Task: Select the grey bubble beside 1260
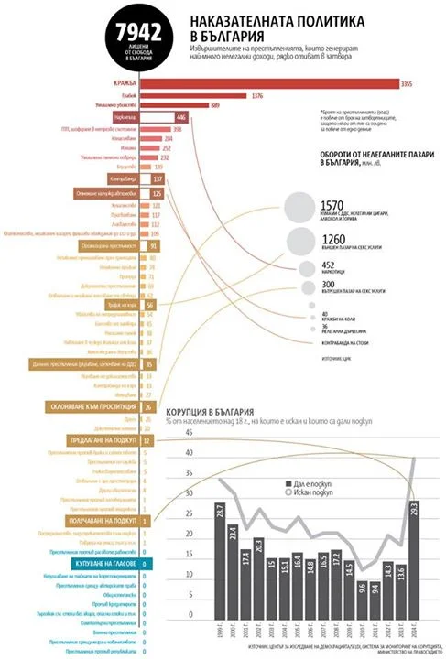pos(301,242)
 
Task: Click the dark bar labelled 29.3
pos(413,556)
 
